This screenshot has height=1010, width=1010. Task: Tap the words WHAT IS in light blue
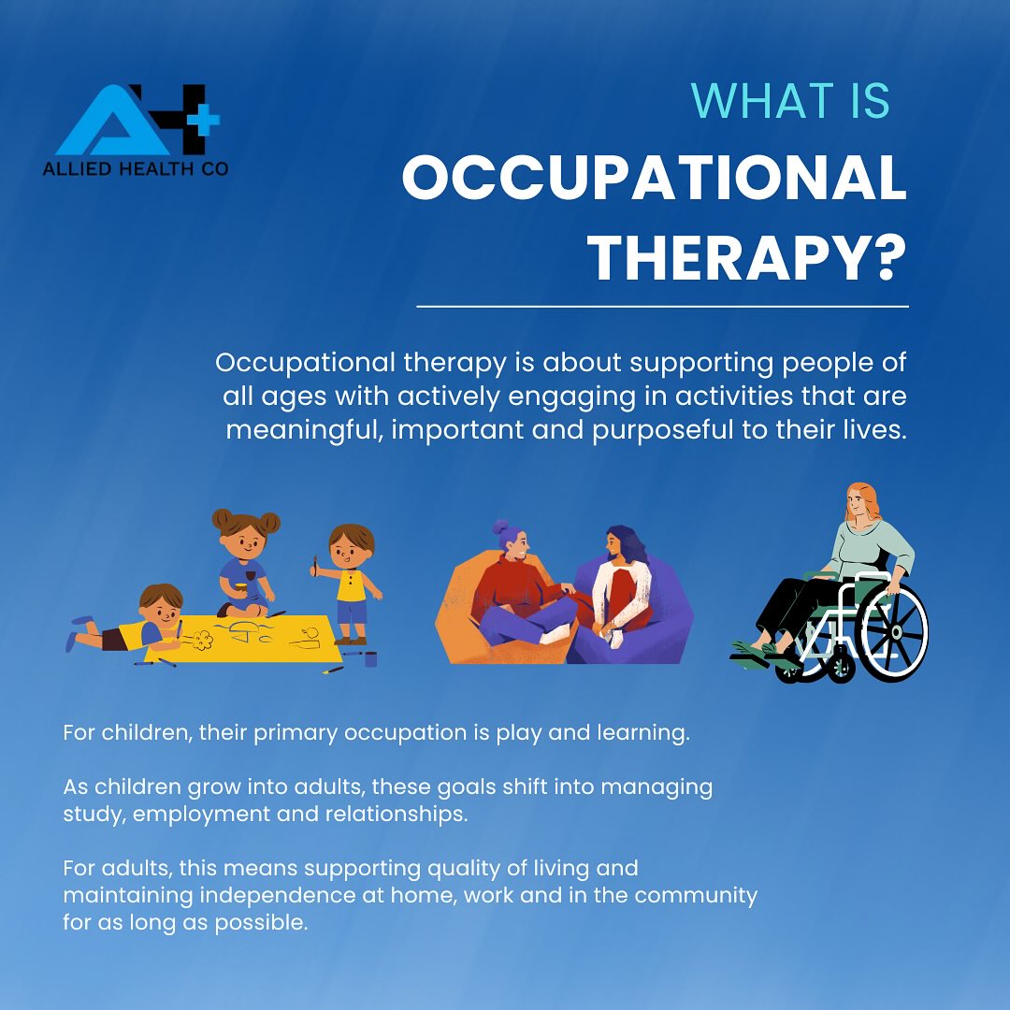pos(790,101)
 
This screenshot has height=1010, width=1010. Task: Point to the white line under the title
pos(662,306)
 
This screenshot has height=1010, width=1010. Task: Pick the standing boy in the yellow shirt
pos(351,580)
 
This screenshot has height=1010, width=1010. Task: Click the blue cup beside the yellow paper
pos(371,658)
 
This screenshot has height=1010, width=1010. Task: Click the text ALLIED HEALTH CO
pos(136,169)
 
